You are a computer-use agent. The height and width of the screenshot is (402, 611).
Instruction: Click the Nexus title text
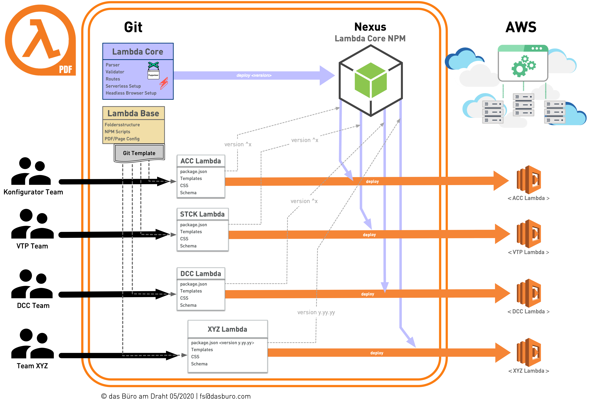coord(370,27)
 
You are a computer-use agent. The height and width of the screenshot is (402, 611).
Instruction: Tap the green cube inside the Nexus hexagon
coord(371,80)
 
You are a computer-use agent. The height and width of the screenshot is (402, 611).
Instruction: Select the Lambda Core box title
coord(138,52)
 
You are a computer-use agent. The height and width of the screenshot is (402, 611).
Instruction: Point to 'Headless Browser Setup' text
coord(131,93)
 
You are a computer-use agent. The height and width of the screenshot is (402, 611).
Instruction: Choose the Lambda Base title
coord(133,113)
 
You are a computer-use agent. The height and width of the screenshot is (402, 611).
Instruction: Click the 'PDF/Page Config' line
coord(122,139)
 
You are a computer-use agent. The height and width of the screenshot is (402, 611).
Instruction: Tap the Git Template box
coord(139,153)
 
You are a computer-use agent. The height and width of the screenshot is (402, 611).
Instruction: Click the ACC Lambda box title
coord(201,161)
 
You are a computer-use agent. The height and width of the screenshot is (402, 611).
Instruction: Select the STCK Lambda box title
coord(202,214)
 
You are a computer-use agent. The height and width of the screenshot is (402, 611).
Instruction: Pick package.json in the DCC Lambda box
coord(193,284)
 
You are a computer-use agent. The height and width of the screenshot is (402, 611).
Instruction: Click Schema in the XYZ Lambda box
coord(199,364)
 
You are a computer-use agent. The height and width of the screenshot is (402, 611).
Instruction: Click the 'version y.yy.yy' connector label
coord(316,312)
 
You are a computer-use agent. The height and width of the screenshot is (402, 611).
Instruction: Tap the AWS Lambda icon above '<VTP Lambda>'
coord(529,234)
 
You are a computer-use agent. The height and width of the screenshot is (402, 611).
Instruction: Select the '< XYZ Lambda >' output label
coord(529,371)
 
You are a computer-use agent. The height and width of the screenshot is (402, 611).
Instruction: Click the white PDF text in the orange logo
coord(66,69)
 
